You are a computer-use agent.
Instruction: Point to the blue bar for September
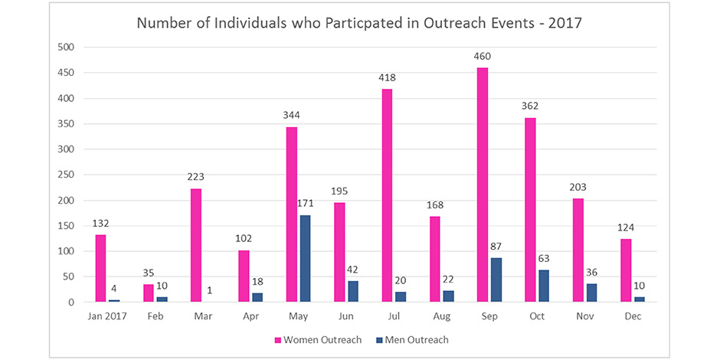496,280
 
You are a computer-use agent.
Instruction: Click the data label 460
483,57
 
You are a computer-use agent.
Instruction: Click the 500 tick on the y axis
67,47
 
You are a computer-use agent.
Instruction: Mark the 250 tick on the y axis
67,175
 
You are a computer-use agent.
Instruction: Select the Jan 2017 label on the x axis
108,316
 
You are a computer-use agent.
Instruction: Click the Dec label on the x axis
632,316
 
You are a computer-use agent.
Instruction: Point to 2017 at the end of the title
566,22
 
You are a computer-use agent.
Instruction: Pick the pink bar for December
626,270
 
